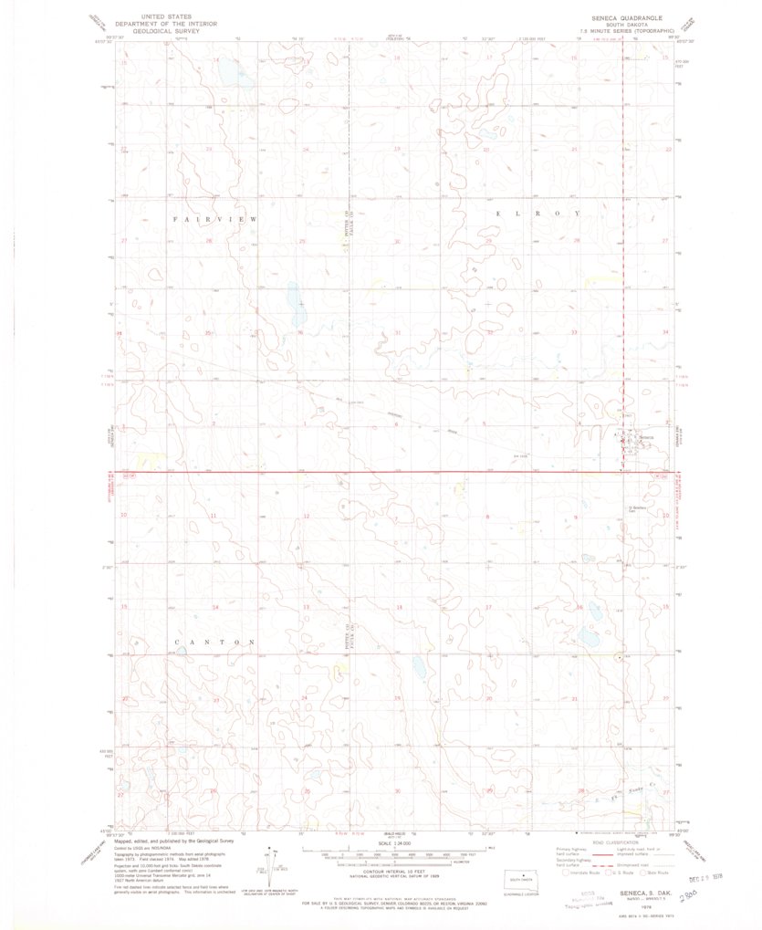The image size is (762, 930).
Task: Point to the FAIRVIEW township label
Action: coord(215,221)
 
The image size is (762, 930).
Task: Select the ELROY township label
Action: coord(538,213)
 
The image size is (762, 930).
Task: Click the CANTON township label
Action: coord(214,642)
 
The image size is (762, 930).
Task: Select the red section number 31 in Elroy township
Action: coord(397,332)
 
